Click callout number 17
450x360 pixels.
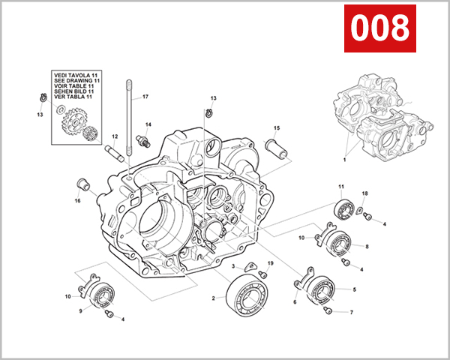click(145, 97)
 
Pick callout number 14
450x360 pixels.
click(148, 124)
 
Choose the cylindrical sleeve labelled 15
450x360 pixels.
click(278, 146)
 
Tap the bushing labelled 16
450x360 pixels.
click(83, 184)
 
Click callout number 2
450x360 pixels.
click(213, 298)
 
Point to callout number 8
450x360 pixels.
click(367, 246)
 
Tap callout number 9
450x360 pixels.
click(80, 311)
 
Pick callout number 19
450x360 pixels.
click(271, 264)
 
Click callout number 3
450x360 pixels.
click(234, 266)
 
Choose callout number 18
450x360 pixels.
click(364, 194)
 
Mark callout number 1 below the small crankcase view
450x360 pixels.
click(344, 160)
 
